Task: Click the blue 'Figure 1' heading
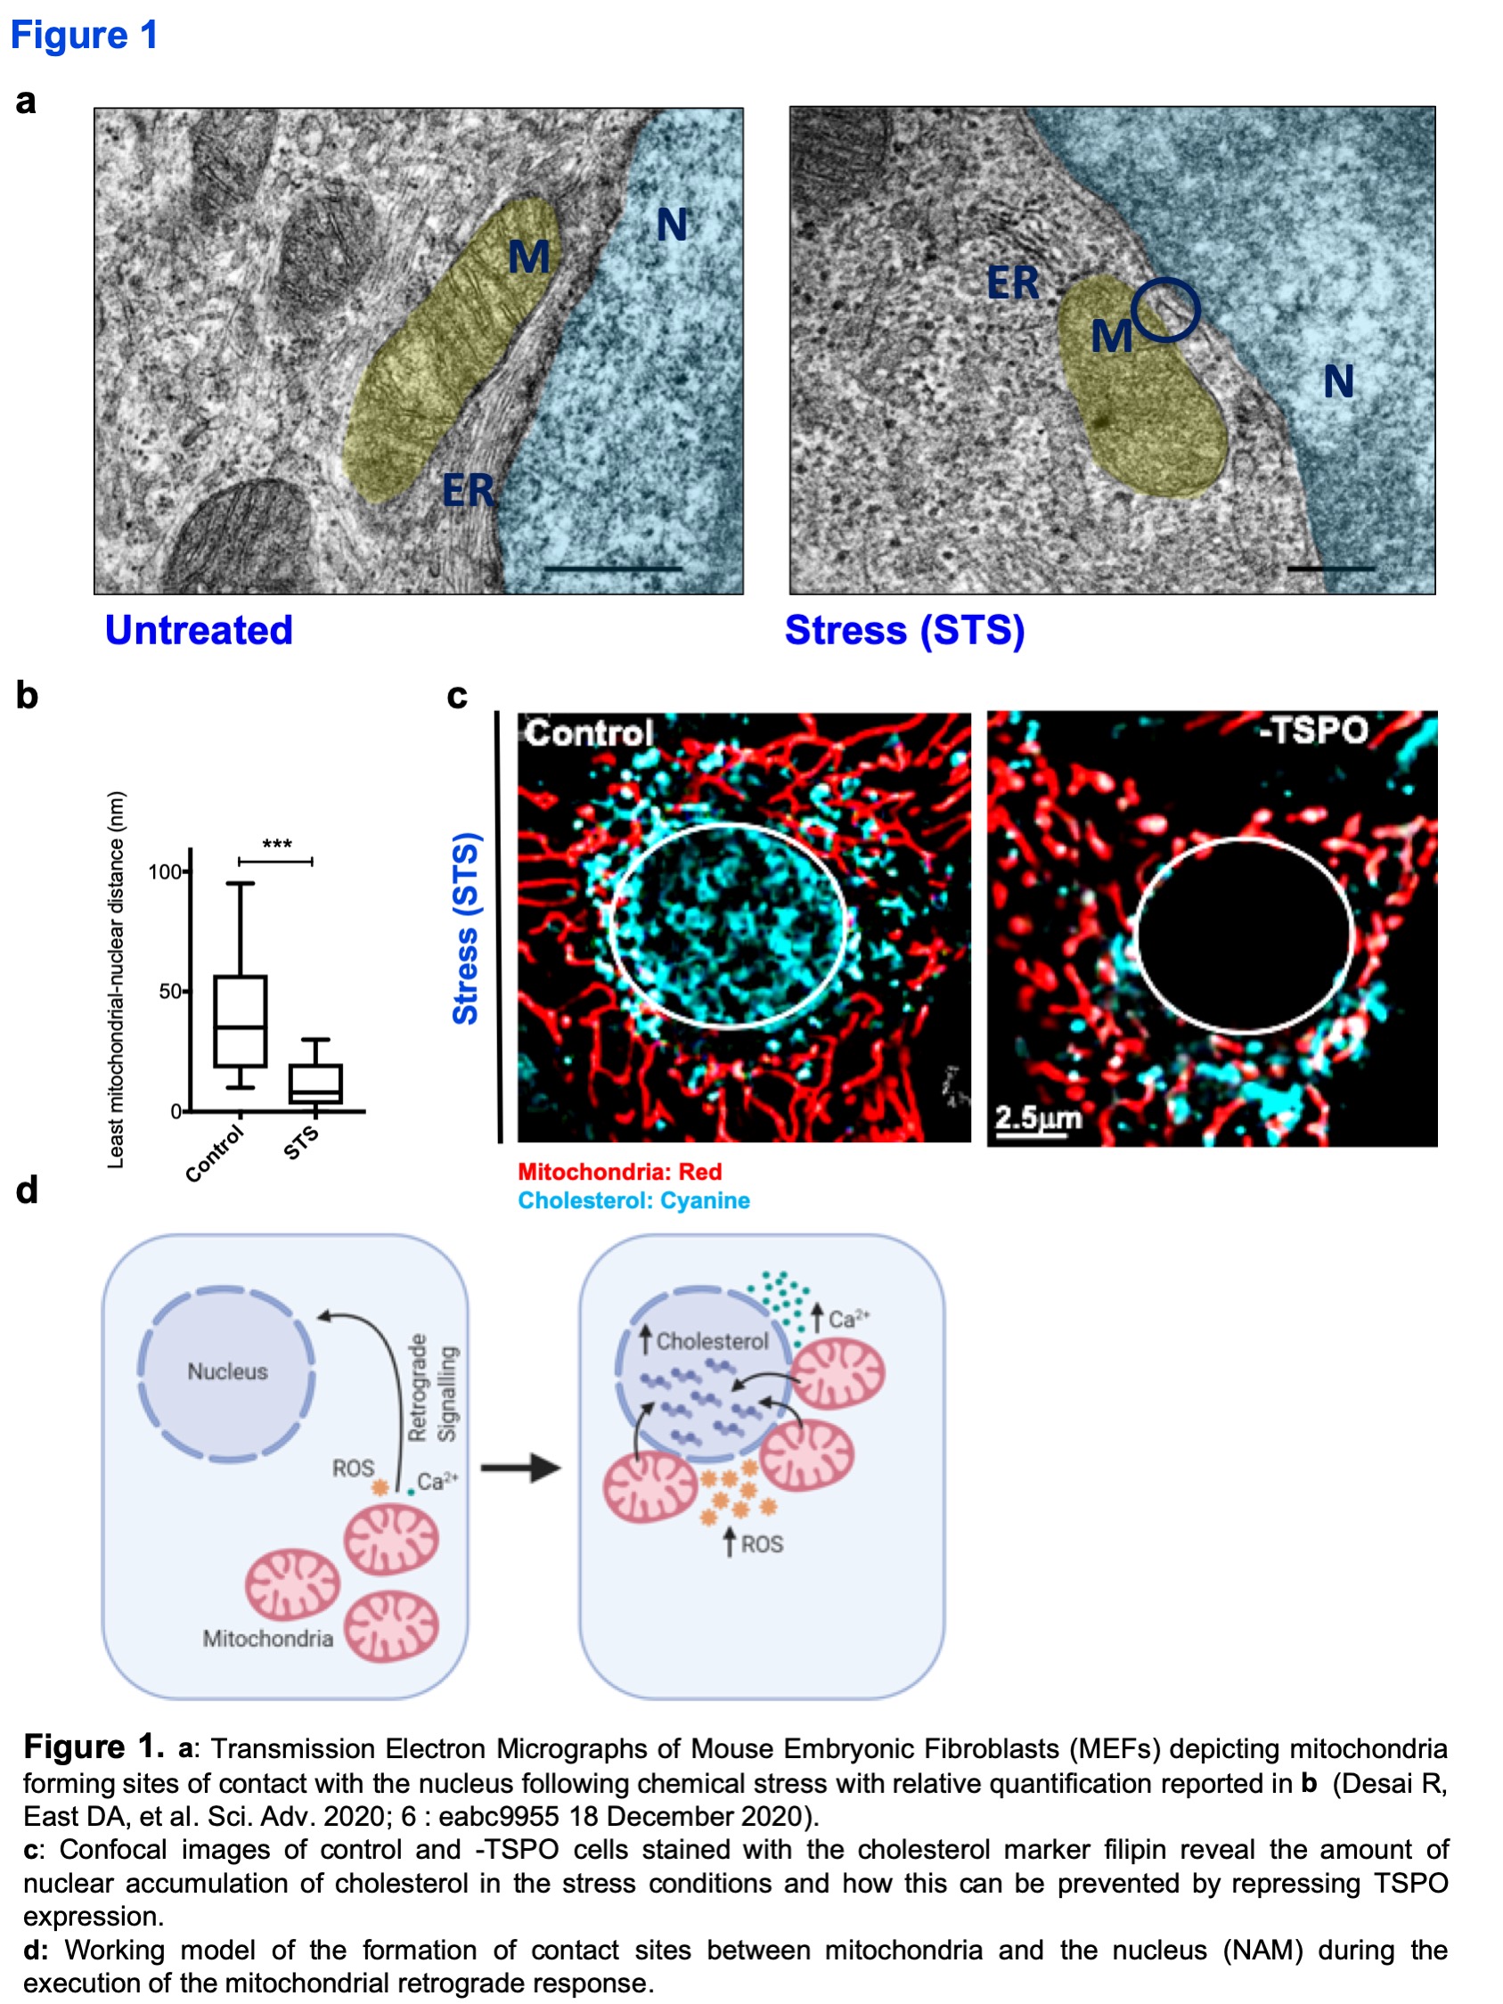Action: (x=85, y=36)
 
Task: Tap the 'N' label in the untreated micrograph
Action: (x=672, y=224)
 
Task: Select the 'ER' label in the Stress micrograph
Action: (x=1013, y=282)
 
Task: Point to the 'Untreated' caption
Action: (x=199, y=630)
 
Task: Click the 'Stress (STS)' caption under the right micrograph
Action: (x=904, y=631)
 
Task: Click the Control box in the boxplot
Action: (x=240, y=1021)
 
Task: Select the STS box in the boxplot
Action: (x=315, y=1084)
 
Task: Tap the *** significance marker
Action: (x=276, y=846)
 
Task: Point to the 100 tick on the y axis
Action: (x=164, y=871)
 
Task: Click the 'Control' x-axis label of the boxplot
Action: (x=215, y=1153)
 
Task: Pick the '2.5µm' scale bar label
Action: (x=1037, y=1117)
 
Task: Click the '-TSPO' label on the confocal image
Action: (x=1312, y=730)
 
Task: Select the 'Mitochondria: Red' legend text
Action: (x=620, y=1172)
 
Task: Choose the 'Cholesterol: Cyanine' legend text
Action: (x=633, y=1200)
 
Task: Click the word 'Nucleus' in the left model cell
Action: (x=227, y=1371)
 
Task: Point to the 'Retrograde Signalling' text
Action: (x=431, y=1387)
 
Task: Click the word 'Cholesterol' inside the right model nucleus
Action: (x=712, y=1341)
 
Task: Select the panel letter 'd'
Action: (x=28, y=1190)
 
